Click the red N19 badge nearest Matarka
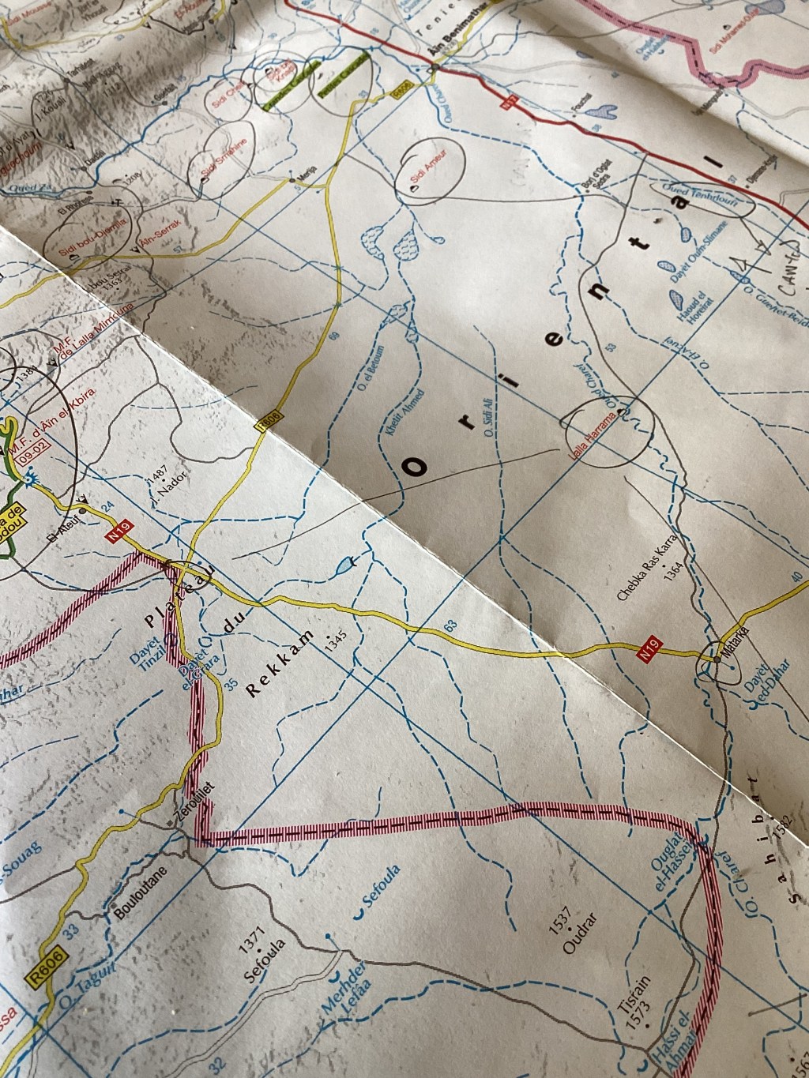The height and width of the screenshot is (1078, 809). [x=649, y=652]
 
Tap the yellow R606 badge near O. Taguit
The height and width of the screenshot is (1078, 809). [x=48, y=966]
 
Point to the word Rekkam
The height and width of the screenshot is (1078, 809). [x=280, y=665]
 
